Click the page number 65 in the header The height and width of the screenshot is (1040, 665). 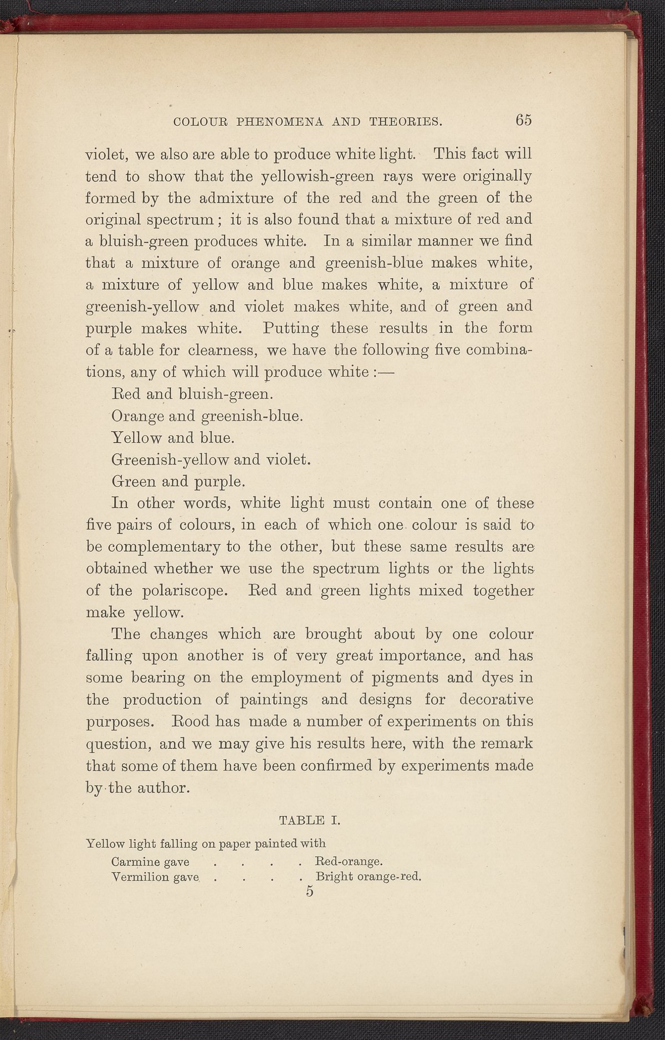[x=523, y=120]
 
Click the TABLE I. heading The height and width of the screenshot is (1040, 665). [x=310, y=819]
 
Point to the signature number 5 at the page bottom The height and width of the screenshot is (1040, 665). [x=309, y=892]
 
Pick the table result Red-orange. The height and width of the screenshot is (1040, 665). [x=349, y=862]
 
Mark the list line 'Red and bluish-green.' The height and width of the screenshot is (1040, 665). [x=192, y=395]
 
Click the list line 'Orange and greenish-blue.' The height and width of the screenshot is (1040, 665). [x=207, y=416]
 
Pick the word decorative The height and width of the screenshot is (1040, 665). [x=495, y=700]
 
